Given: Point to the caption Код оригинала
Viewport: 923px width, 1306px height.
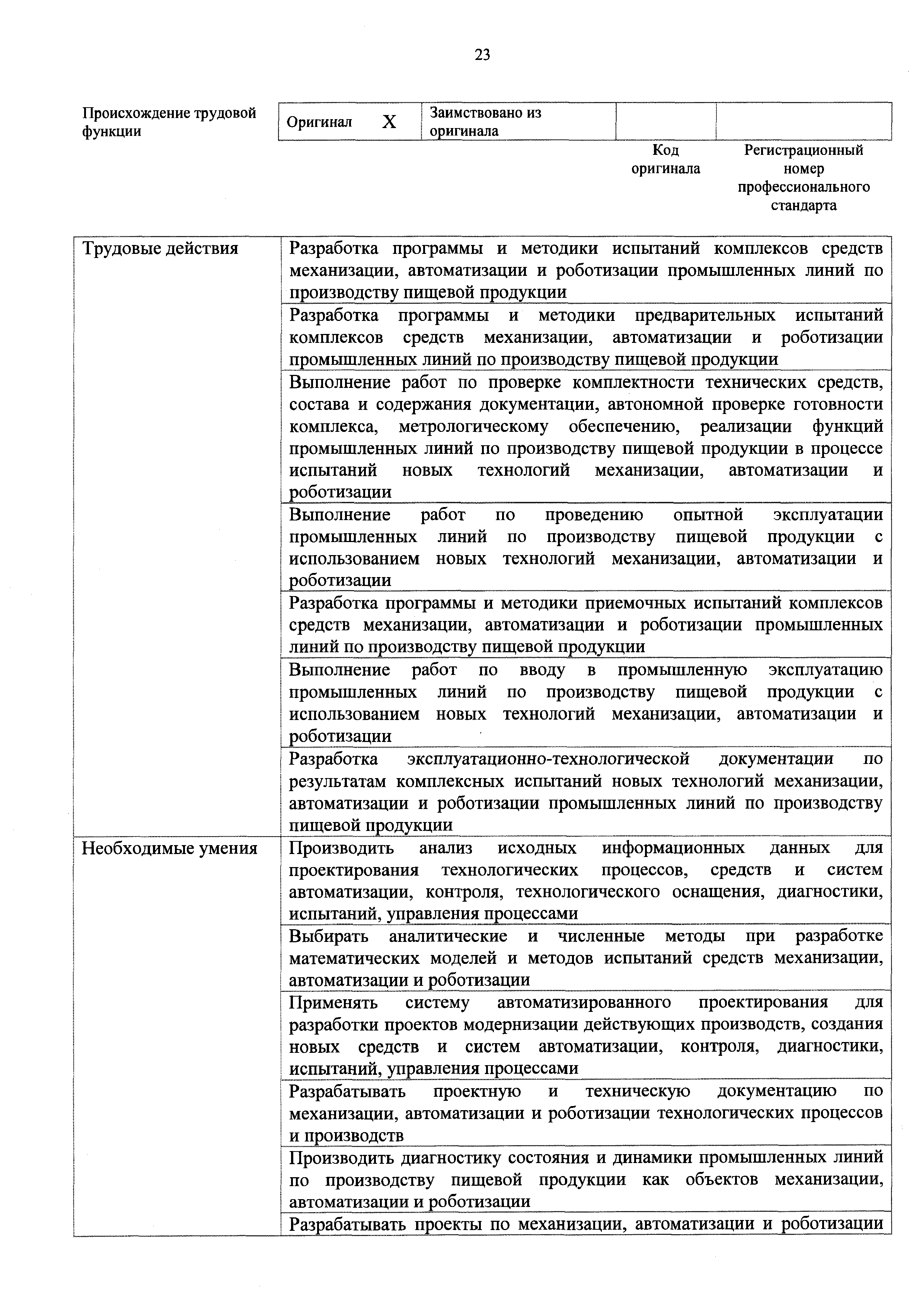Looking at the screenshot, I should (665, 159).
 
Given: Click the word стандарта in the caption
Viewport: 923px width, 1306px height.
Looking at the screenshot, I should (803, 206).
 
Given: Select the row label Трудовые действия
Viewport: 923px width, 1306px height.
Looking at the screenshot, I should (160, 249).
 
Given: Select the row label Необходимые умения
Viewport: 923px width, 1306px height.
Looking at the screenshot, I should (169, 849).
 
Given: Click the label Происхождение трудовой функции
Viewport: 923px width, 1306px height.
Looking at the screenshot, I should (169, 122).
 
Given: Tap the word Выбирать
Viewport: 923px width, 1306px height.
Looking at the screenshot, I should (328, 936).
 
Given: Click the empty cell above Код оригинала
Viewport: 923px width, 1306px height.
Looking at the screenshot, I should (665, 121).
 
